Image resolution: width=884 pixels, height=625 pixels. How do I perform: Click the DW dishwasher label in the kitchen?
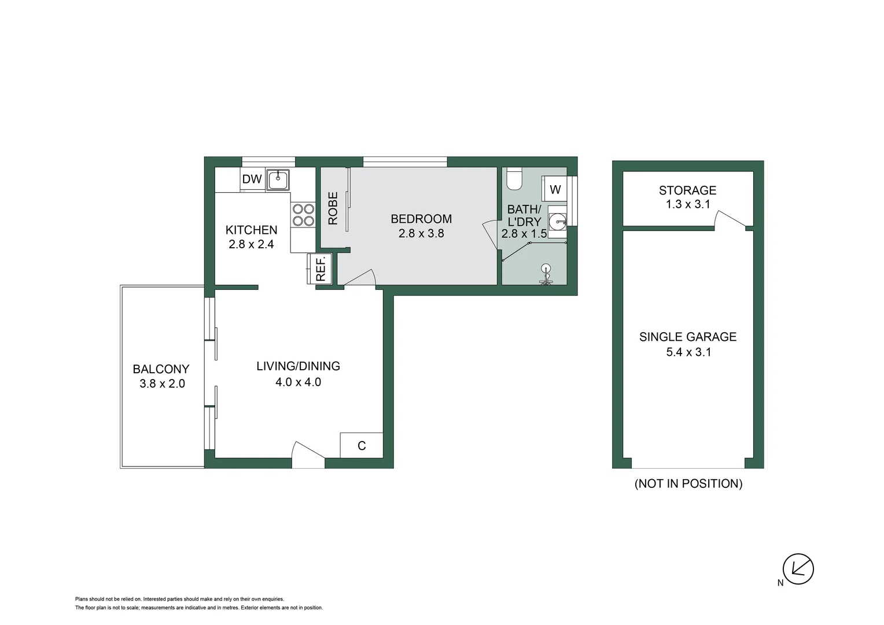click(x=252, y=179)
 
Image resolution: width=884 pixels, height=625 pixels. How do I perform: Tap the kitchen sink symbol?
click(x=278, y=179)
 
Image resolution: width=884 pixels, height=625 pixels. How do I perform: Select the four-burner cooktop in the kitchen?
click(x=303, y=215)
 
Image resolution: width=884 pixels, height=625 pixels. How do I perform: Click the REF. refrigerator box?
click(x=321, y=269)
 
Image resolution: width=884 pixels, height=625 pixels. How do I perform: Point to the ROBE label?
click(x=333, y=208)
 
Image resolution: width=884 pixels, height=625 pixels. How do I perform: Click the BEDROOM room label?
click(x=421, y=219)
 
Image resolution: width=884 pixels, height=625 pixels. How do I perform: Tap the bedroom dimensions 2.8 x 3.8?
click(x=421, y=234)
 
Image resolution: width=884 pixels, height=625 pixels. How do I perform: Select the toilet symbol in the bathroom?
click(x=514, y=179)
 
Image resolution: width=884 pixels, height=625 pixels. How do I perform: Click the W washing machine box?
click(x=555, y=189)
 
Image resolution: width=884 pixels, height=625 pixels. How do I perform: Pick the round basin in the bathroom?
click(x=557, y=220)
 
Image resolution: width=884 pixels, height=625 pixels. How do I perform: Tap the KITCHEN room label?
click(x=251, y=230)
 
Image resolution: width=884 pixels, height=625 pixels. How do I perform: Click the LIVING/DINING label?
click(x=298, y=366)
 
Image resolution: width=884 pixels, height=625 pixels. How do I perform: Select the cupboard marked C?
click(x=362, y=446)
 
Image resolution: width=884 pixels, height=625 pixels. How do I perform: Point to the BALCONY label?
click(x=161, y=369)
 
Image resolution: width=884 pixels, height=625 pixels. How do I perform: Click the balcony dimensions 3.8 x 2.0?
click(x=162, y=384)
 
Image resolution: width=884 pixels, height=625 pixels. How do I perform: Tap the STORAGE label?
click(x=687, y=190)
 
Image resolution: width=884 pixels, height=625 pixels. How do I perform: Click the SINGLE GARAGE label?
click(x=687, y=337)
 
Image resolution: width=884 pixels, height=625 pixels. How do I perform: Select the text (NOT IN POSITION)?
click(x=688, y=484)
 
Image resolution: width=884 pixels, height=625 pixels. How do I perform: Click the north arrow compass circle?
click(x=798, y=568)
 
